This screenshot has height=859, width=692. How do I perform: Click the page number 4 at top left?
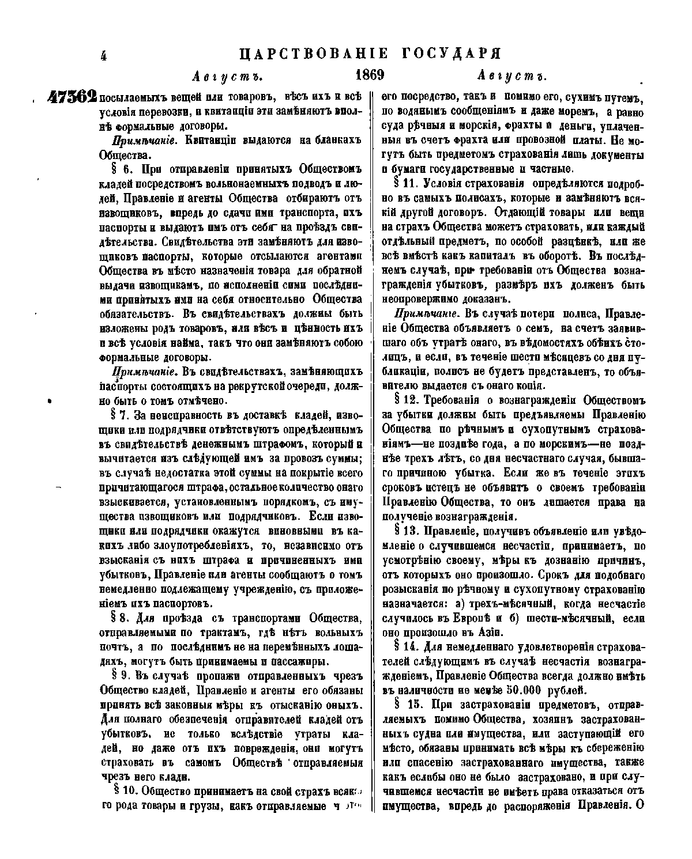click(104, 56)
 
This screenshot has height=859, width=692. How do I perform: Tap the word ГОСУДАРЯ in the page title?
click(449, 54)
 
